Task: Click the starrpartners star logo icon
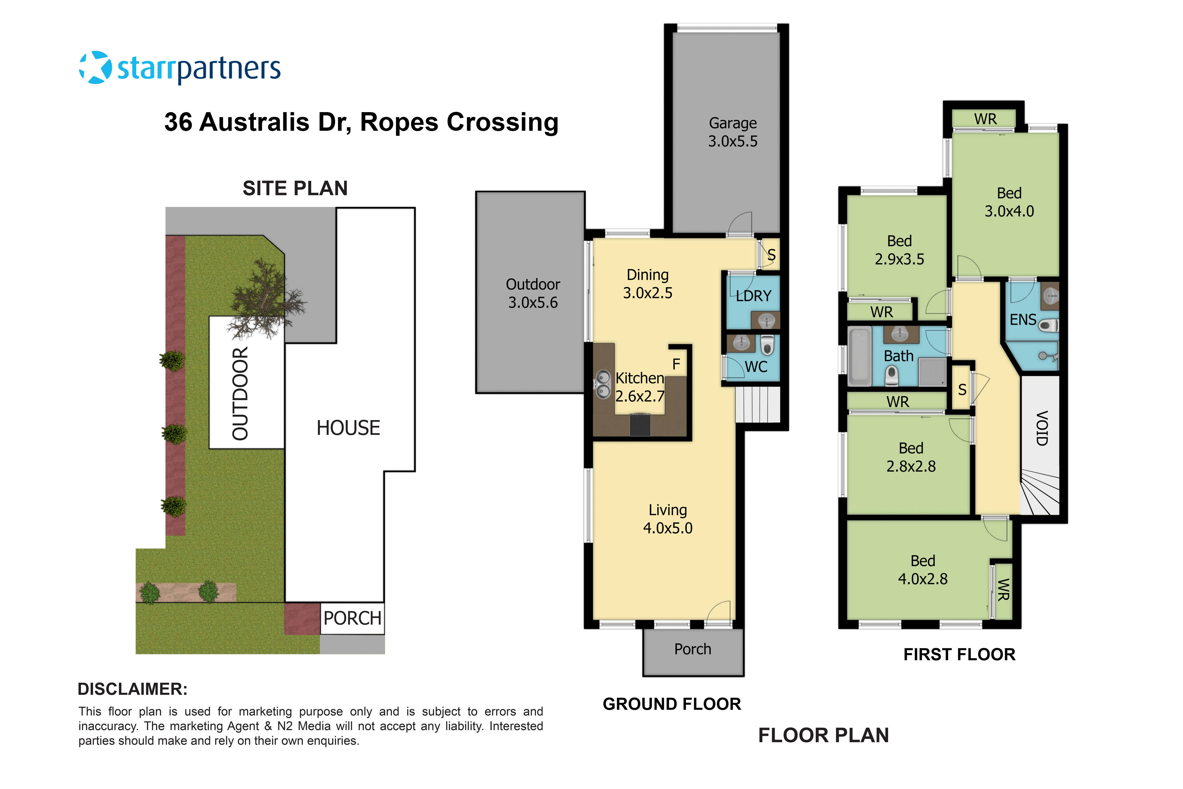tap(96, 67)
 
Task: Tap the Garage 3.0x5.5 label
tap(733, 132)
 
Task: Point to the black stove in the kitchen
tap(640, 424)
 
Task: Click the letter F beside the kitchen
tap(676, 364)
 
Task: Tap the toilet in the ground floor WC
tap(767, 346)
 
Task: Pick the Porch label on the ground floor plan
tap(693, 649)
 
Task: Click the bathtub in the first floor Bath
tap(859, 356)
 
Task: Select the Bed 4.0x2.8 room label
tap(922, 569)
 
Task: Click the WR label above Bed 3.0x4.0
tap(985, 119)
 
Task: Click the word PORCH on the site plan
tap(352, 618)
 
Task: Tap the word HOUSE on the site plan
tap(348, 428)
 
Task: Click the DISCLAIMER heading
tap(132, 689)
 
